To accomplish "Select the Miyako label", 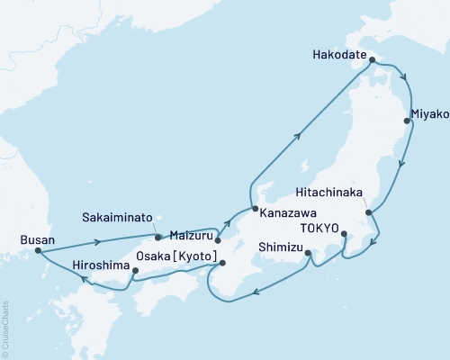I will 427,115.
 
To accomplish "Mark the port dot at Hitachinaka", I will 368,212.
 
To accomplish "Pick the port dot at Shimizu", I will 308,253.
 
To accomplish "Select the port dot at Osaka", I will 222,264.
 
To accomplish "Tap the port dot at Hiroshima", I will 136,270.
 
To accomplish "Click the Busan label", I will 36,239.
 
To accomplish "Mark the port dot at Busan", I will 37,251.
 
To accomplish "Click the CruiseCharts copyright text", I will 6,329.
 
